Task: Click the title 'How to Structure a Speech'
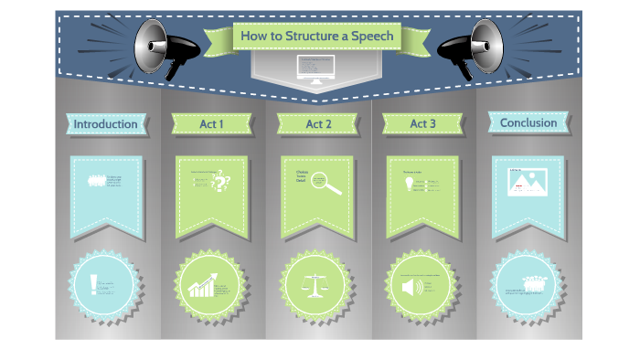coord(315,37)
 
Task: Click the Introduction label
coord(105,123)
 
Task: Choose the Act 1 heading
coord(211,123)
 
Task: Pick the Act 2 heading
coord(318,123)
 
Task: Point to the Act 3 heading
coord(422,123)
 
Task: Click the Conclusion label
coord(528,122)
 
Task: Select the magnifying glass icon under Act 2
coord(325,183)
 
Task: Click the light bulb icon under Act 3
coord(410,183)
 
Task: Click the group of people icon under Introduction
coord(96,180)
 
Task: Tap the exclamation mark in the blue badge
coord(94,285)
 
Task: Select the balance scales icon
coord(316,284)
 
